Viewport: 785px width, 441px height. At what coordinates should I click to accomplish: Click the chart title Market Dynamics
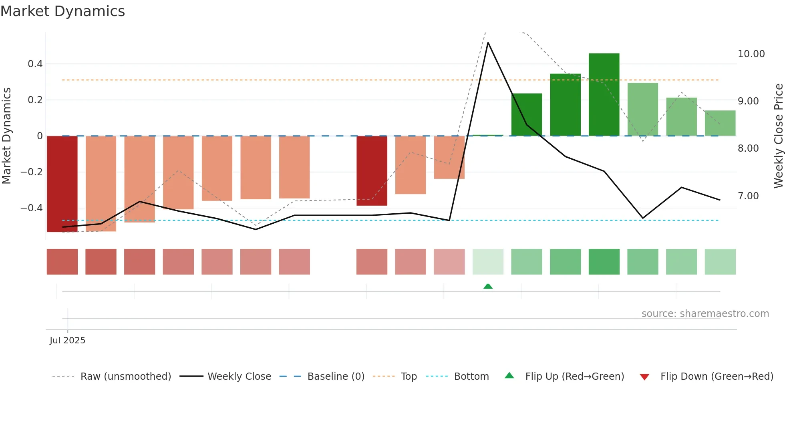62,11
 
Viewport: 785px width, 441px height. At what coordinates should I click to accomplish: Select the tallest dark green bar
604,94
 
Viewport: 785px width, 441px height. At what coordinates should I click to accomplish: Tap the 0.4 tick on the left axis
35,64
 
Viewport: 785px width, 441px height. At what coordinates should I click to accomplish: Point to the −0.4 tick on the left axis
32,208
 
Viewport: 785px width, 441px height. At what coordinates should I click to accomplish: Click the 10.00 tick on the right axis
751,54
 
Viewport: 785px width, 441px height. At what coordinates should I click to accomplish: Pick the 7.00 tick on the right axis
748,196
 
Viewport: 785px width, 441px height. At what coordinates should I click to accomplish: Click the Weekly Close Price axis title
778,136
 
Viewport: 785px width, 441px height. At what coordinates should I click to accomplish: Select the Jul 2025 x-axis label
67,341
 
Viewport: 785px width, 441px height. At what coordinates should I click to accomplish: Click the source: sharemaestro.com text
705,314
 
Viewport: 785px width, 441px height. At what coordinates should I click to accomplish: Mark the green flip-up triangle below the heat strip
488,287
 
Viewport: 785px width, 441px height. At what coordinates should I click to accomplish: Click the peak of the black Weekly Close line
488,43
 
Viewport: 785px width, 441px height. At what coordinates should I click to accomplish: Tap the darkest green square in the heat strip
604,262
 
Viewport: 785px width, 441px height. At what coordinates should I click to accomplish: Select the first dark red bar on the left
62,184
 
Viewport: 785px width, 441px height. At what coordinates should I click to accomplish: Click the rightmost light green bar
720,123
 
